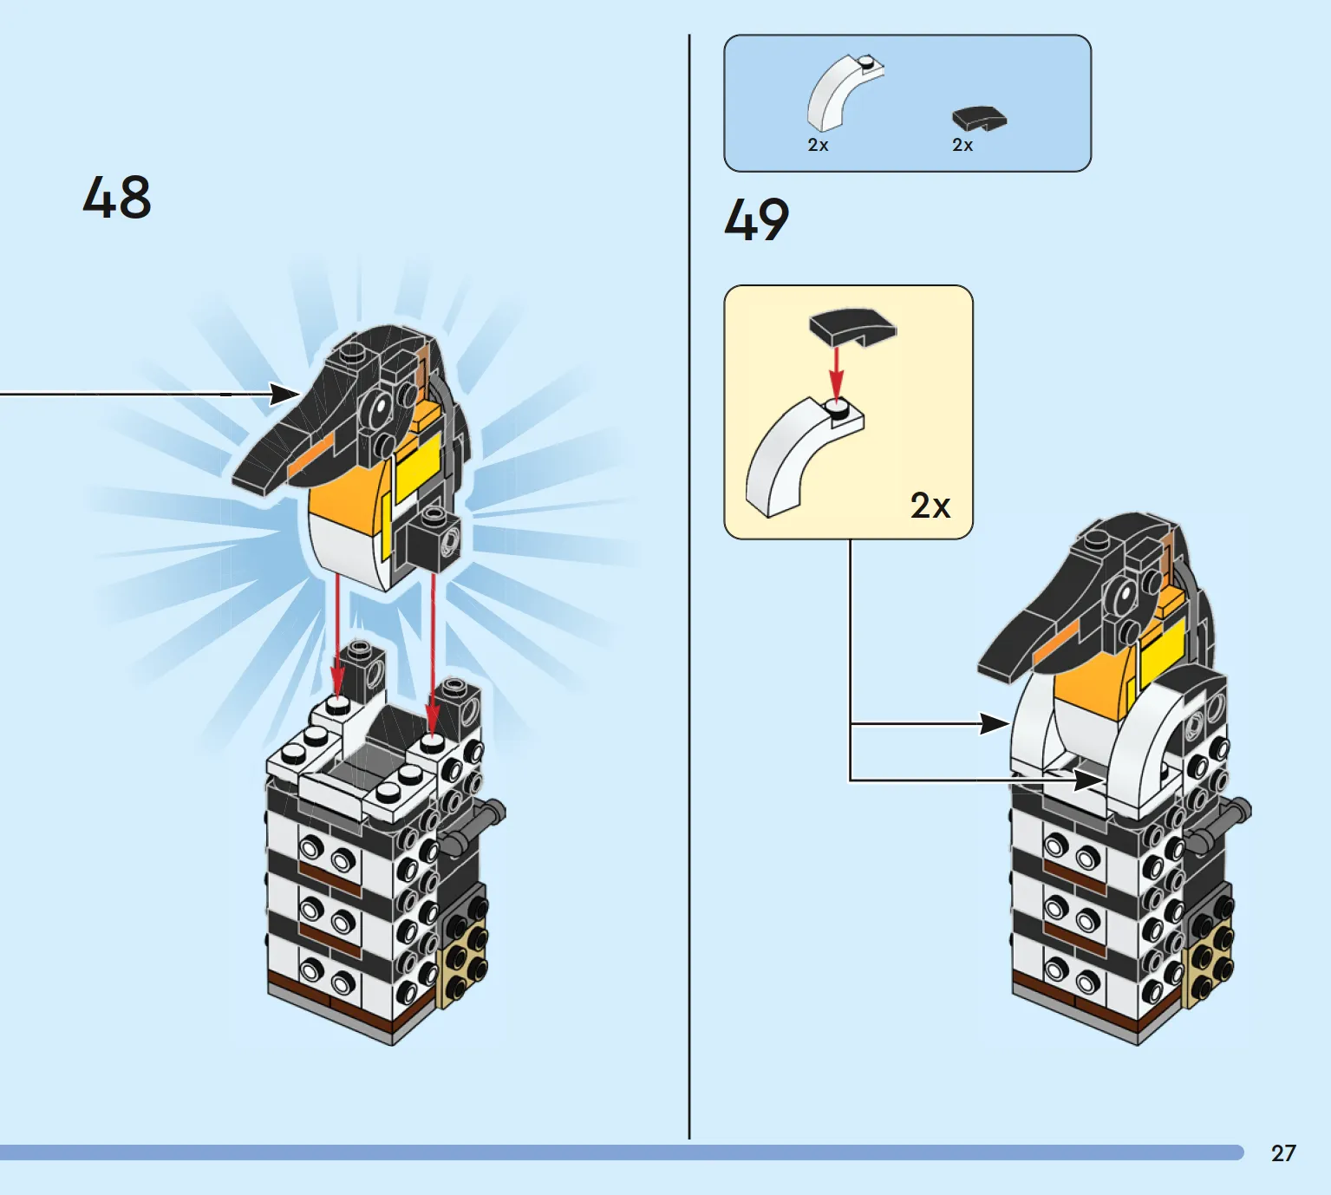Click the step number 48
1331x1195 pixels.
[x=117, y=198]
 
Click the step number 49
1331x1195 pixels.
[x=756, y=219]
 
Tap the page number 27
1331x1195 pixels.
[x=1282, y=1153]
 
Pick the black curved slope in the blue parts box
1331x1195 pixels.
[x=979, y=118]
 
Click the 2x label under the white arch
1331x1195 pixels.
[x=818, y=145]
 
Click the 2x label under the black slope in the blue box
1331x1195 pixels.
[x=962, y=145]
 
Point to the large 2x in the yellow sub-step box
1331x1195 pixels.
[x=930, y=505]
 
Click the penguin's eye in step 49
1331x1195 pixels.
[x=1124, y=595]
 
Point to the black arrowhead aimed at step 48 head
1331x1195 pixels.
[x=284, y=395]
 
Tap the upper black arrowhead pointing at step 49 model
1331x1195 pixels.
[x=994, y=723]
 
